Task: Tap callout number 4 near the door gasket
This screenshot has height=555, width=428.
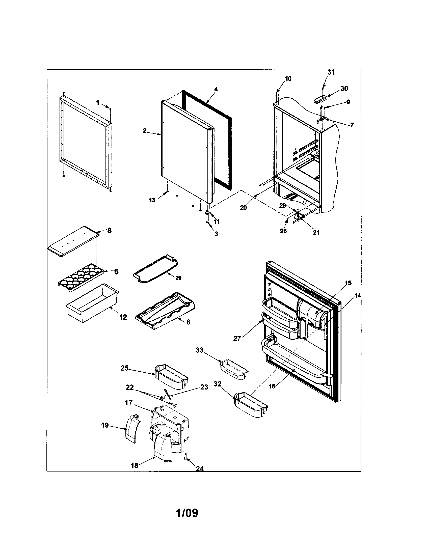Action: (216, 89)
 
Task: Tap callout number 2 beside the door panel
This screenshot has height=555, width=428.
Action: (144, 131)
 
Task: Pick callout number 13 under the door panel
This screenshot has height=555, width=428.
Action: (152, 200)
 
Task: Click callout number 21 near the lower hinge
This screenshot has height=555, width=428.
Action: (316, 232)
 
